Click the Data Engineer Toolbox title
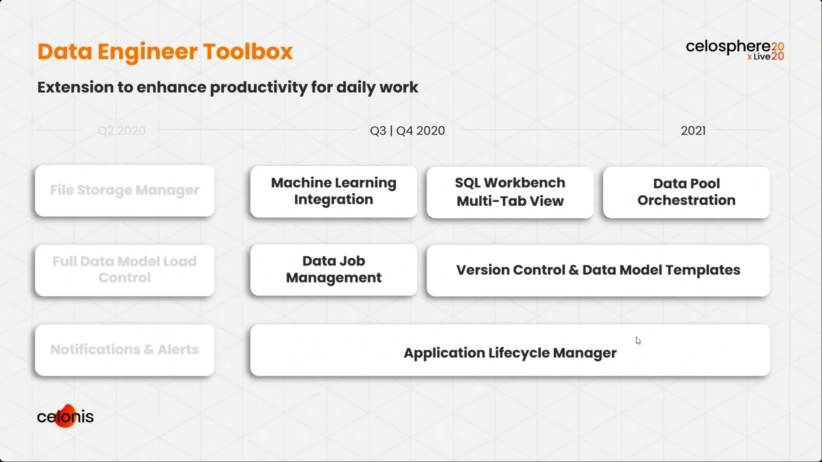165,52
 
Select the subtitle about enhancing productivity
228,87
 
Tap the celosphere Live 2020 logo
735,50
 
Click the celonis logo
65,416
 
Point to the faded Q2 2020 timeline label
122,131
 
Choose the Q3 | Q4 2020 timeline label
407,131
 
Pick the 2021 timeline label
693,131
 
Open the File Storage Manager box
125,191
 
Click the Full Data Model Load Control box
125,270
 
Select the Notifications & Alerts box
125,350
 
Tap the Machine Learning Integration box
334,192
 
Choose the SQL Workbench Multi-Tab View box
510,192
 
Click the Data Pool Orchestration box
686,192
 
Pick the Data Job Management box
334,270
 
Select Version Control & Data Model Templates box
598,271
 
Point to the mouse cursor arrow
638,340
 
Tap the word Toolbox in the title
248,52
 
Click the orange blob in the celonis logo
66,416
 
